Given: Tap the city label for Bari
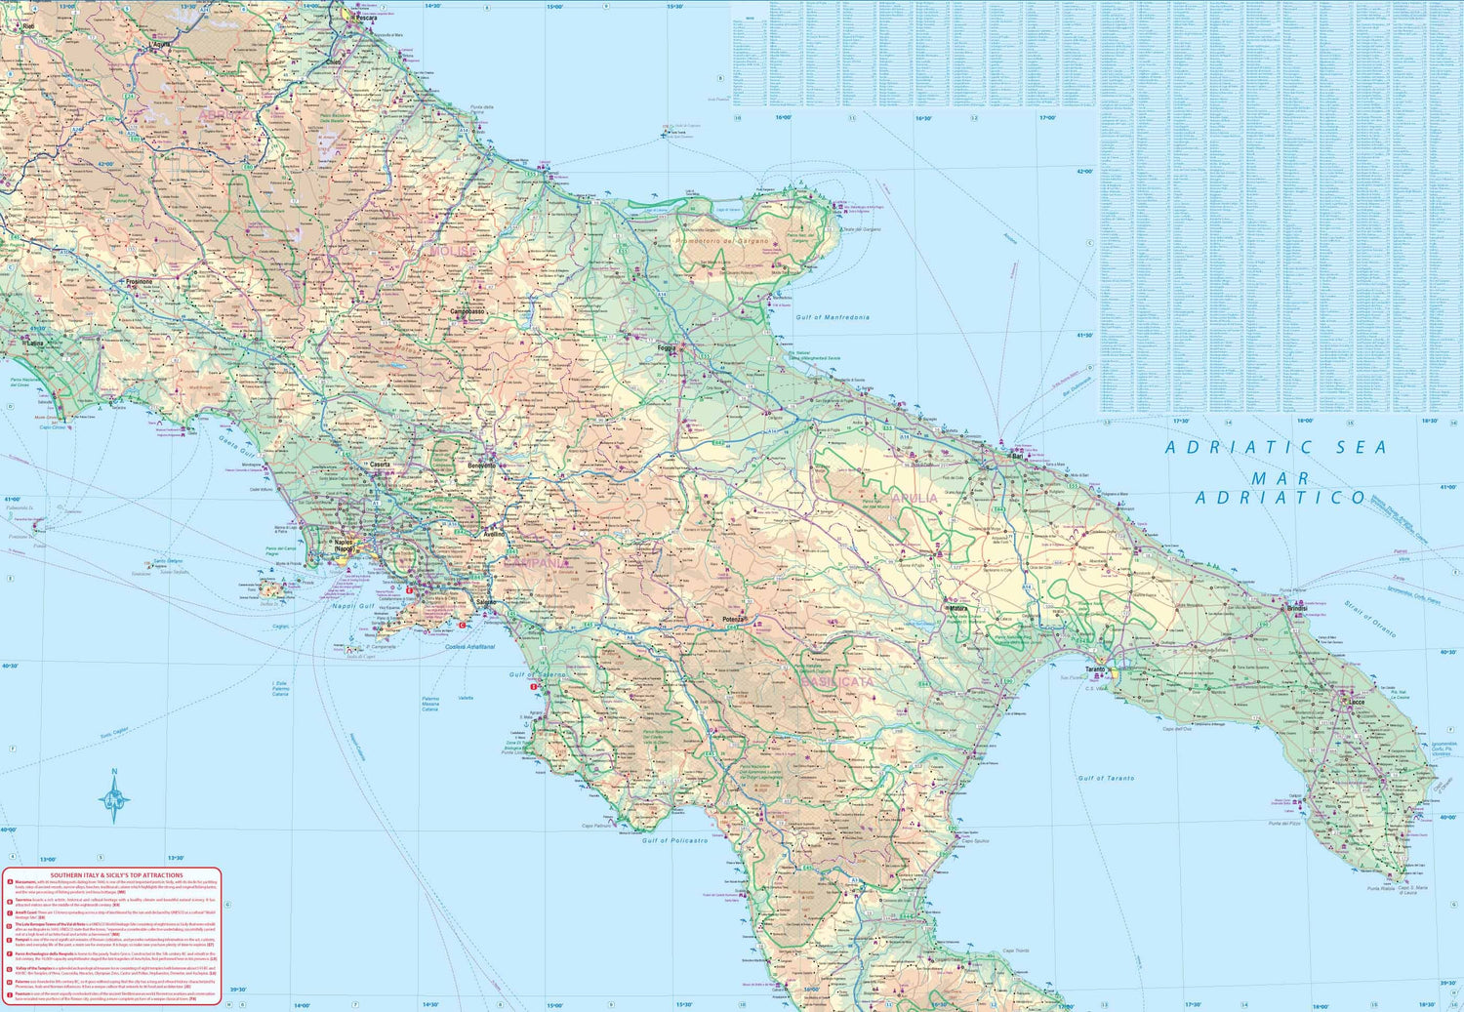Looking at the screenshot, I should tap(1017, 456).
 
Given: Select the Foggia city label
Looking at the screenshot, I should tap(668, 347).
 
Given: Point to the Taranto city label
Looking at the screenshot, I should tap(1095, 669).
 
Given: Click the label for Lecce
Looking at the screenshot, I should tap(1357, 702).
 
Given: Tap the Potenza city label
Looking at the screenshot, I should tap(734, 620).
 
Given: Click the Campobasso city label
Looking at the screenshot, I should tap(468, 312).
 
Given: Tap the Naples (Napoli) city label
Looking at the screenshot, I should tap(343, 545).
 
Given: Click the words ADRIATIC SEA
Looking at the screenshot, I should tap(1275, 448).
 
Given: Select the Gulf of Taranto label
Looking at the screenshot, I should tap(1106, 778).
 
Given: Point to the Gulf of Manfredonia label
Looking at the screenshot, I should tap(832, 318).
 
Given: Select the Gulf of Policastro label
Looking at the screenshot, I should tap(681, 840).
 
